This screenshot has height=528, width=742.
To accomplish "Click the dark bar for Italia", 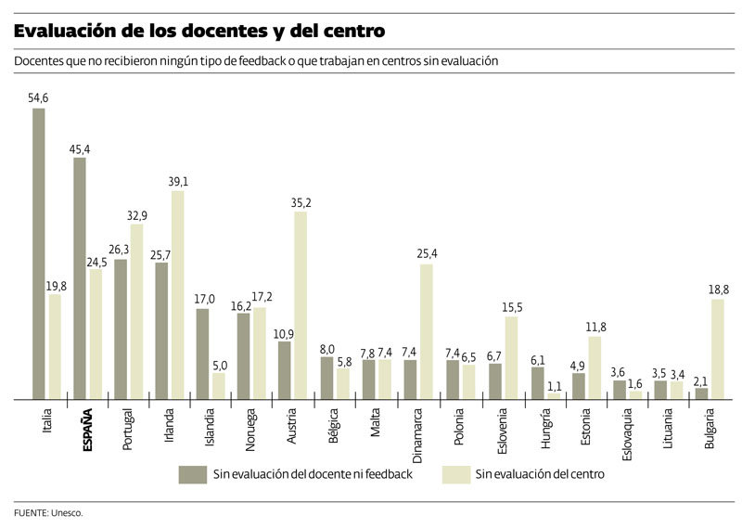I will (x=39, y=253).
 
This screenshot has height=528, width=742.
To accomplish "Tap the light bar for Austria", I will (x=301, y=305).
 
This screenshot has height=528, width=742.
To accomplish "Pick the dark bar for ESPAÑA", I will (x=80, y=277).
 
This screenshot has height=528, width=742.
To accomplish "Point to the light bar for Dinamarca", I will (x=426, y=331).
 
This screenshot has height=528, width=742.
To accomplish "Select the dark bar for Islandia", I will (x=203, y=354).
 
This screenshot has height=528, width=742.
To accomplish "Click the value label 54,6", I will (x=39, y=97).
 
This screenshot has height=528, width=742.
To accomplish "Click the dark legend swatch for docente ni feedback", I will (x=192, y=474).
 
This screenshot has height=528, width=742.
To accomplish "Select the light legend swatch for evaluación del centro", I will (x=454, y=474).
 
